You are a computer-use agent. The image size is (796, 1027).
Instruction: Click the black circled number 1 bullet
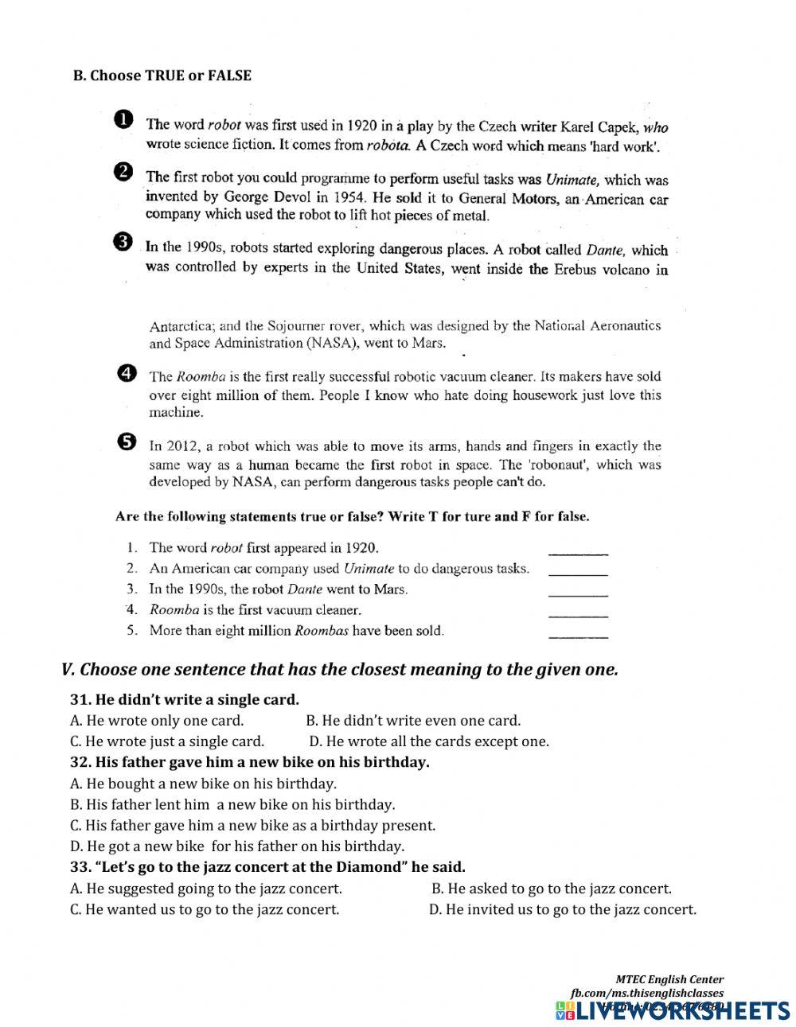click(123, 119)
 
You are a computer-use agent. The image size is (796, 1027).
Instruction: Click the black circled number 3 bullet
click(123, 243)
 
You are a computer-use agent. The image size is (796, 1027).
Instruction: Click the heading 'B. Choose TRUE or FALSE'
click(162, 76)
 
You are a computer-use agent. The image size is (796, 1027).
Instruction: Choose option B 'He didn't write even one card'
click(413, 721)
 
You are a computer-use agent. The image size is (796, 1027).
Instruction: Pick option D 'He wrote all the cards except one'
click(429, 741)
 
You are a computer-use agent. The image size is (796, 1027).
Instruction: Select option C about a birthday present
click(253, 825)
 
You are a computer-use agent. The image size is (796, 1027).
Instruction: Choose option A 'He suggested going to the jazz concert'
click(206, 889)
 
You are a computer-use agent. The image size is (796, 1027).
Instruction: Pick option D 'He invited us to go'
click(563, 909)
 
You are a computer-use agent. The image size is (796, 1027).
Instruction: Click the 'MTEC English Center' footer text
click(669, 979)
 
